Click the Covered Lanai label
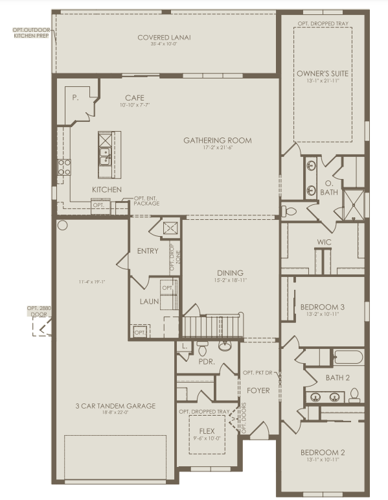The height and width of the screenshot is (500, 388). coord(164,37)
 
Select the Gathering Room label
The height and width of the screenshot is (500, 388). coord(217,140)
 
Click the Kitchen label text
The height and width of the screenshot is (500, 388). coord(107,189)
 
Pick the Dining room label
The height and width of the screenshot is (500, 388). coord(230,273)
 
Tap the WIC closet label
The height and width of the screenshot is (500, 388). coord(324,243)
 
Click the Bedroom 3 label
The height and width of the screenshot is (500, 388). coord(322,307)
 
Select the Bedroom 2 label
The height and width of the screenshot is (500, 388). coord(322,453)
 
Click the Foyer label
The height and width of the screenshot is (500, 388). coord(257,390)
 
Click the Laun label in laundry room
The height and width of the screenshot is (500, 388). coord(149,302)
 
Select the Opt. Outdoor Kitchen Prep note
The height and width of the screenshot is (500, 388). coord(27,32)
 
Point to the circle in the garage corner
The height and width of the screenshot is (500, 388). coord(63,225)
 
